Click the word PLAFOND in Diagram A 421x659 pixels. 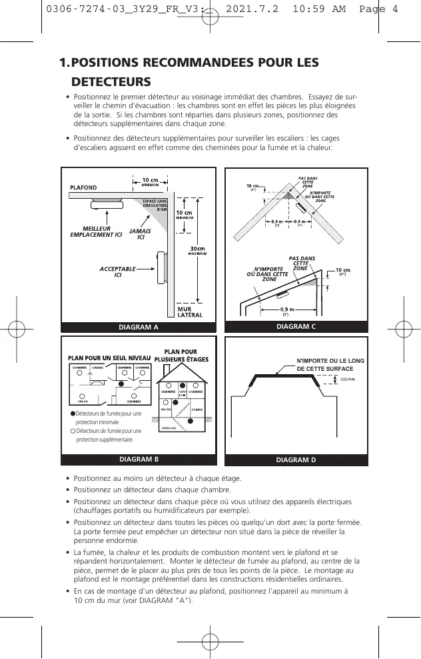pyautogui.click(x=83, y=188)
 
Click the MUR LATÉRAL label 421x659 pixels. pyautogui.click(x=189, y=311)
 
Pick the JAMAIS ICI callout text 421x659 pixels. pyautogui.click(x=140, y=234)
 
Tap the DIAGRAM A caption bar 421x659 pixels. pyautogui.click(x=139, y=327)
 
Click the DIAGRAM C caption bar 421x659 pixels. pyautogui.click(x=296, y=327)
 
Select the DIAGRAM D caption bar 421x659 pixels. pyautogui.click(x=296, y=460)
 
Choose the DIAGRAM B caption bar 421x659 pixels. pyautogui.click(x=139, y=460)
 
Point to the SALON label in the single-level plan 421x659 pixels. pyautogui.click(x=83, y=402)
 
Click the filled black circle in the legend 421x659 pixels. pyautogui.click(x=72, y=415)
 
